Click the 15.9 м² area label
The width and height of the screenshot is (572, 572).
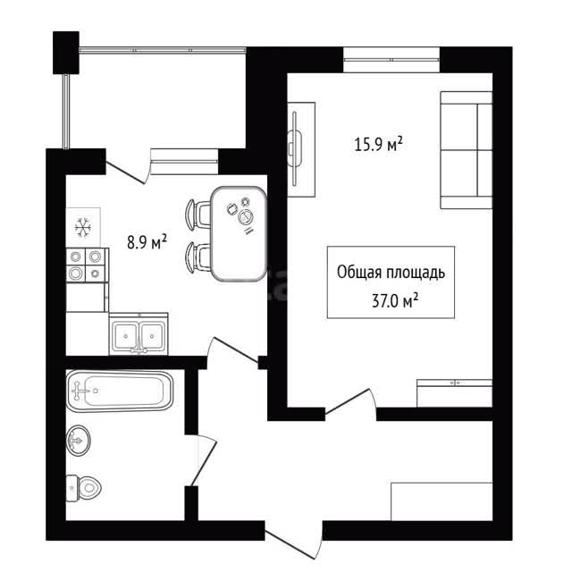tap(378, 144)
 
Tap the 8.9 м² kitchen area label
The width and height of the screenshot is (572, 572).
tap(147, 241)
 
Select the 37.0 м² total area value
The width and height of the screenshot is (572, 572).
tap(395, 301)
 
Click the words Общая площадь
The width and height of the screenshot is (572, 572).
tap(391, 273)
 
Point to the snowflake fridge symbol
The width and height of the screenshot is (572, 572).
tap(83, 228)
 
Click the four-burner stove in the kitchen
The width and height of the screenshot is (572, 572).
tap(88, 265)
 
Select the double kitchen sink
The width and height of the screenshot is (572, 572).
tap(139, 333)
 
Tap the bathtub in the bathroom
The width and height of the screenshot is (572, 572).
tap(120, 391)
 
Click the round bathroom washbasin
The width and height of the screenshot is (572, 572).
tap(78, 441)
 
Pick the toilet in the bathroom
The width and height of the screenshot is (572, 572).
tap(83, 488)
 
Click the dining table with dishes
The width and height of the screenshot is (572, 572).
tap(239, 233)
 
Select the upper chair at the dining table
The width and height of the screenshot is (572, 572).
tap(198, 214)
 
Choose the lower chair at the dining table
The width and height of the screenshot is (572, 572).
tap(198, 257)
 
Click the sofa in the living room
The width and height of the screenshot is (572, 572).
tap(467, 150)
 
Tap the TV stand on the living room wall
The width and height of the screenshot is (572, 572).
tap(301, 149)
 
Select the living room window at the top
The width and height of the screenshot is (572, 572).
tap(391, 60)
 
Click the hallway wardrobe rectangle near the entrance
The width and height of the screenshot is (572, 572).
tap(442, 501)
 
